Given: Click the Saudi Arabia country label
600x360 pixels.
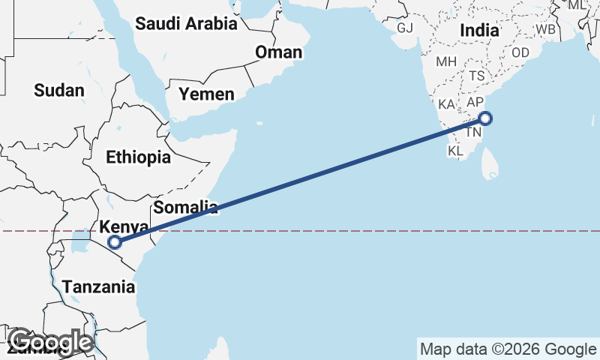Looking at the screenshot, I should pos(186,23).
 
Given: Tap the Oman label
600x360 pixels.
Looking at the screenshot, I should pos(278,52).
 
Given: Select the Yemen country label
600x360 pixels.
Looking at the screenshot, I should pos(206,94).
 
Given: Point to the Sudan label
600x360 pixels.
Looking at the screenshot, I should pos(59,91).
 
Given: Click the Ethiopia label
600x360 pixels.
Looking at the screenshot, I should pos(138,157).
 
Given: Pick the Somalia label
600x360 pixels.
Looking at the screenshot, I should pos(185,206).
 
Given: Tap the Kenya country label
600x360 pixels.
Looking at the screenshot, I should pos(124,226).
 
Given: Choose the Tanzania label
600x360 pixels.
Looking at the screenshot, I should pos(99,286).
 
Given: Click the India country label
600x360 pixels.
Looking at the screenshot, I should pos(480,31).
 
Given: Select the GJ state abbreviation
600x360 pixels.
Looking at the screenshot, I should pos(405,28).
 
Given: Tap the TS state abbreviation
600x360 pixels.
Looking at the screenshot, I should pos(477,76).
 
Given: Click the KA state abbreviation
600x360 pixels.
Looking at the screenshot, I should pos(447,104).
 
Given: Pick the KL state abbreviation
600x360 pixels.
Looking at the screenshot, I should pos(456,151).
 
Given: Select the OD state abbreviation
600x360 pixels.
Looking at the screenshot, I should pos(520,52).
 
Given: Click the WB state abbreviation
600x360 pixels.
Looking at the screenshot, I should pos(545,29).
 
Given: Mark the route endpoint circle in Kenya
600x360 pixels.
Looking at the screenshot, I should pos(115,241).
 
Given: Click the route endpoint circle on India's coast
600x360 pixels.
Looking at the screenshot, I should pos(485,118).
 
